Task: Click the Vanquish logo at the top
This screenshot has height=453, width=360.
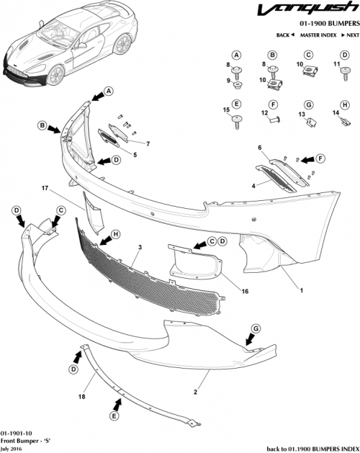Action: pyautogui.click(x=315, y=11)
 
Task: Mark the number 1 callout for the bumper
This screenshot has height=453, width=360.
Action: pyautogui.click(x=300, y=291)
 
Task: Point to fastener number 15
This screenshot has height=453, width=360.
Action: pyautogui.click(x=226, y=110)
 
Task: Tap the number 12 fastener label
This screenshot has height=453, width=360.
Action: pyautogui.click(x=264, y=112)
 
